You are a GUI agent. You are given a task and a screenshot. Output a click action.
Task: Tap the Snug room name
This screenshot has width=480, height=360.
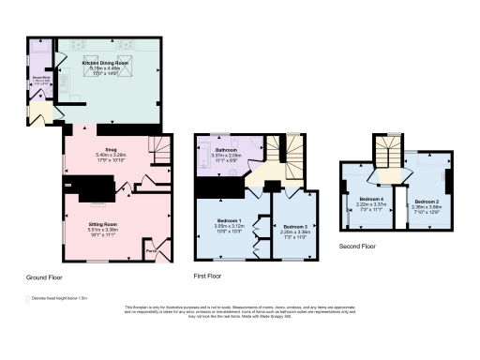tap(110, 149)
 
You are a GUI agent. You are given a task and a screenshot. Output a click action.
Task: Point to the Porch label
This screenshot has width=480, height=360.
tap(150, 250)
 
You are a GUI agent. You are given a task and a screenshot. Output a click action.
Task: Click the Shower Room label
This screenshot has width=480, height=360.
tap(42, 79)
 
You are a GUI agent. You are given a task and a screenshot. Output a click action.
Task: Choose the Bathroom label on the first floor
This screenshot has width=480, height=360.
tap(225, 150)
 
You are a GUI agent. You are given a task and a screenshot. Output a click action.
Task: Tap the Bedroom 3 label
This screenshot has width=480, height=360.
tap(295, 226)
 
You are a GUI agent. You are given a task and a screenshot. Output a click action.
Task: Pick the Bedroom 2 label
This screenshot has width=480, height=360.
tap(427, 201)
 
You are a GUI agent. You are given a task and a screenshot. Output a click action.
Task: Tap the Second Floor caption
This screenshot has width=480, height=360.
tap(358, 247)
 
